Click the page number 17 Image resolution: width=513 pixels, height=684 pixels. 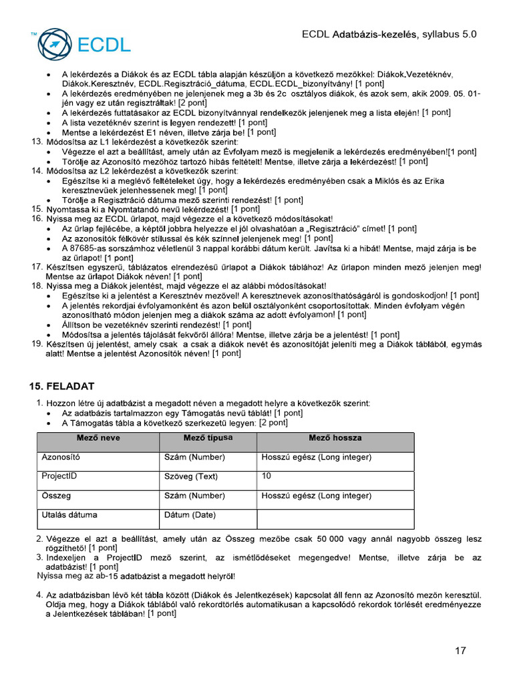(460, 651)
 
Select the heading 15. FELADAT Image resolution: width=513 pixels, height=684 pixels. (61, 386)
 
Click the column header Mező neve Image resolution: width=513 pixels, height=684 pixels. (98, 438)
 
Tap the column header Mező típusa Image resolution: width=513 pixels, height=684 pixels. (208, 438)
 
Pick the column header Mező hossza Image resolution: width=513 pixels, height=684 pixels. (335, 438)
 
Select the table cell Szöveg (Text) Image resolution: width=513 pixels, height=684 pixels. (191, 477)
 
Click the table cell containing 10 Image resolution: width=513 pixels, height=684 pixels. (267, 476)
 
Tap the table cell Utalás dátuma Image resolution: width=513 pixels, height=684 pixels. (69, 515)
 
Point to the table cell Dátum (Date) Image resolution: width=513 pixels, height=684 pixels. (190, 515)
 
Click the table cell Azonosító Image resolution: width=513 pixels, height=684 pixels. (61, 458)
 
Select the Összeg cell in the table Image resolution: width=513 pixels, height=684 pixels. (56, 496)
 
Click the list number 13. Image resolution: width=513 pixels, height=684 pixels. (37, 142)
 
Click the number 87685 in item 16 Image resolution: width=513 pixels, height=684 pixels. (84, 248)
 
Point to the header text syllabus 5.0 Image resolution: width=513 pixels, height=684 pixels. (449, 34)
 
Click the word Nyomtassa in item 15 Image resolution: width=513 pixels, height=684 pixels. (67, 209)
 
